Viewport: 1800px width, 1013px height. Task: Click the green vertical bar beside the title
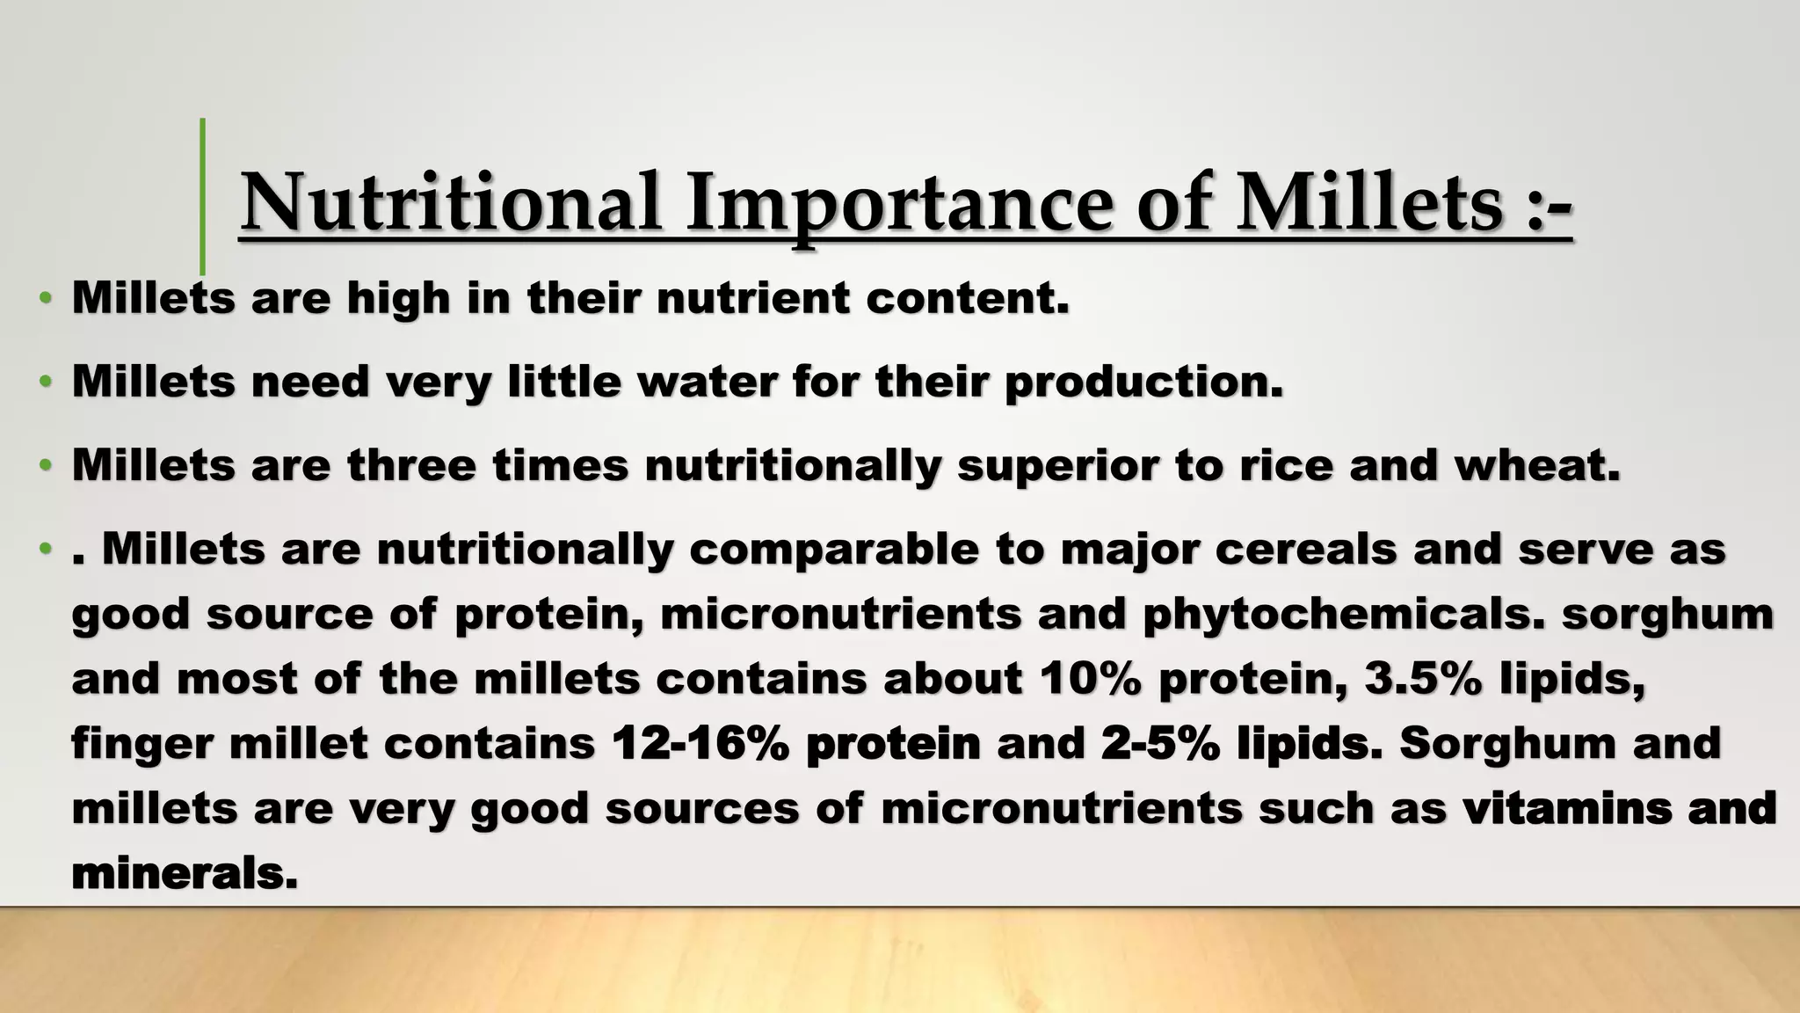tap(203, 196)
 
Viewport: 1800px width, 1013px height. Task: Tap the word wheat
tap(1536, 465)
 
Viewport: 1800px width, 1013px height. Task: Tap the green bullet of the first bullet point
tap(45, 299)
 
